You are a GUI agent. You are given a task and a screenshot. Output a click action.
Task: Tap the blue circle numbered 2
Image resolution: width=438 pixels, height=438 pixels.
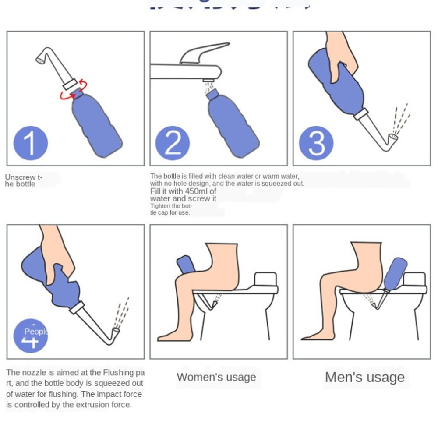point(173,143)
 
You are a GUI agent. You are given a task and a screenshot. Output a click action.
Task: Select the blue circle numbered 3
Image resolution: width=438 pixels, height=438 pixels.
point(316,143)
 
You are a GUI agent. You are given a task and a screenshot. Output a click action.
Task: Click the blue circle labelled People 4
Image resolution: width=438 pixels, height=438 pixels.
point(31,336)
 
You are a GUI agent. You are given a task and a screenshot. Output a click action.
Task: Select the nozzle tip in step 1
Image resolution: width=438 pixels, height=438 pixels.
point(41,58)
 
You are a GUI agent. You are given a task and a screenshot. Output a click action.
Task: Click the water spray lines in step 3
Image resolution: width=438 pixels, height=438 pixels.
point(401,118)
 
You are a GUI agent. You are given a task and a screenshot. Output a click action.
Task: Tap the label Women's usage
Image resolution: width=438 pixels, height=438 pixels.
point(216,377)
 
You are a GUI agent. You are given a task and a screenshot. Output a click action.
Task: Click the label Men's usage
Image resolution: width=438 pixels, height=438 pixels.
point(364,377)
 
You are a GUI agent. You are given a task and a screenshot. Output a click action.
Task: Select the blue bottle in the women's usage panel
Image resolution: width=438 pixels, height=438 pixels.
point(186,265)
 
